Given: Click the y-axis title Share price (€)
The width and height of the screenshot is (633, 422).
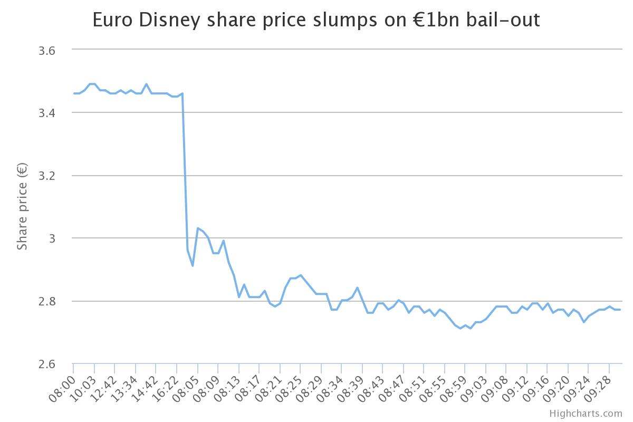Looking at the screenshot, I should (x=22, y=207).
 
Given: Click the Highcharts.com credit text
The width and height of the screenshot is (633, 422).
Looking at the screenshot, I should (x=586, y=414).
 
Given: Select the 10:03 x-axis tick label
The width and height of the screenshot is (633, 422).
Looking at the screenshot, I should (x=83, y=388).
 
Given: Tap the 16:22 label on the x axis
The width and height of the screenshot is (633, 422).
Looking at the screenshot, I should (x=166, y=388).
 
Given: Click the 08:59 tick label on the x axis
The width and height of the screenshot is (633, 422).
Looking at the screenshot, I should (x=454, y=388).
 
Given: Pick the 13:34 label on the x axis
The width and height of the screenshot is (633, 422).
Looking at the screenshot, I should (x=124, y=388).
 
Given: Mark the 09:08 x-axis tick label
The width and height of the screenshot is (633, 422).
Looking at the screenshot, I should (x=495, y=388).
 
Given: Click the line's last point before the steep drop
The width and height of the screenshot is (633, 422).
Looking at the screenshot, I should (x=182, y=94).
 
